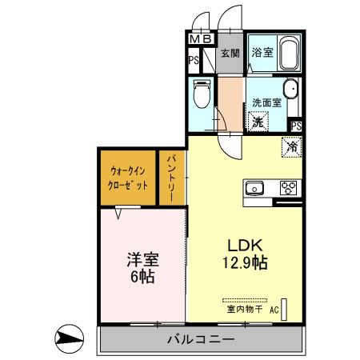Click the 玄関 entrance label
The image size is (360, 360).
(230, 54)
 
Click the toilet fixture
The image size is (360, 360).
(202, 95)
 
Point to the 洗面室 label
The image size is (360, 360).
(266, 102)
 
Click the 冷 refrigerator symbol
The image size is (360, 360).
(291, 147)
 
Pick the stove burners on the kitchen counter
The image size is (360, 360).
(288, 189)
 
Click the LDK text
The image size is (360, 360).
(242, 245)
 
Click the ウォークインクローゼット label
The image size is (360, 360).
(128, 177)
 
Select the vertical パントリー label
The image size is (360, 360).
(171, 180)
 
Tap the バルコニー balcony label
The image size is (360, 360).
(200, 339)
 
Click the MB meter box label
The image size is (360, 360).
(201, 38)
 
